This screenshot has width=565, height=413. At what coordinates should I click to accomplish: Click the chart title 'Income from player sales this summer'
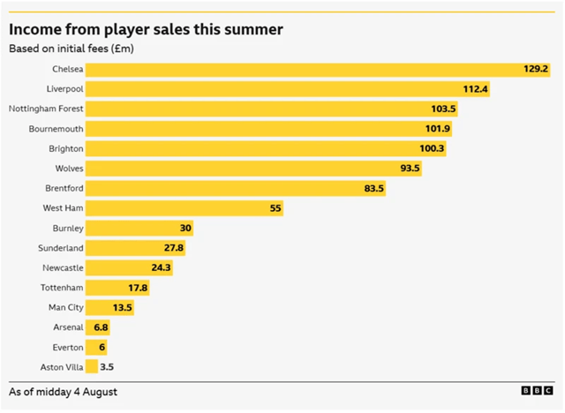pos(146,30)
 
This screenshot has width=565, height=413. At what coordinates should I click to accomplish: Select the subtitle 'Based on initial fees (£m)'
pos(72,49)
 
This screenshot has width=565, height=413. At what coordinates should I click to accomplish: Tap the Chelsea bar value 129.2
pos(536,69)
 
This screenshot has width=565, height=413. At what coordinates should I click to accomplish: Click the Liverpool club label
pos(64,89)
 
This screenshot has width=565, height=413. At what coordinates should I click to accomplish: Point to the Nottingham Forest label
pos(46,109)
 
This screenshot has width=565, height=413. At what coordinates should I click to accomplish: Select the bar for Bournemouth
pos(268,129)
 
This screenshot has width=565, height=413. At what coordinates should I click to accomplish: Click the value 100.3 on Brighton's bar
pos(432,148)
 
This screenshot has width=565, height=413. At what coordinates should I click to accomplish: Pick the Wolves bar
pos(253,169)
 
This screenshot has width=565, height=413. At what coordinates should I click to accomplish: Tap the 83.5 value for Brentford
pos(373,188)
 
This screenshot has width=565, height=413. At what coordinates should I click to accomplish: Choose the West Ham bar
pos(185,208)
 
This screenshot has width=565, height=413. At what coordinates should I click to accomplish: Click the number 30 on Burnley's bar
pos(185,228)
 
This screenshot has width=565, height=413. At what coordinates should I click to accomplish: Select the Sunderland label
pos(61,248)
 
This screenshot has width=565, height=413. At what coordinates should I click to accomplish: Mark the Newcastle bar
pos(129,267)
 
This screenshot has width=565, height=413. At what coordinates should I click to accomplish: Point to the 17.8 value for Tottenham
pos(138,288)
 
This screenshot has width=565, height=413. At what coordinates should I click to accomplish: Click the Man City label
pos(66,307)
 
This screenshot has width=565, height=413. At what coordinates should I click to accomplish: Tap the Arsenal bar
pos(98,327)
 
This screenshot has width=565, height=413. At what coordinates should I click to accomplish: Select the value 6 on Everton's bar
pos(102,347)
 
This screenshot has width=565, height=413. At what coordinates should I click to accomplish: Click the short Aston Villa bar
pos(92,366)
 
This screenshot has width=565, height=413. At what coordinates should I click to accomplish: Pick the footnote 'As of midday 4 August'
pos(63,392)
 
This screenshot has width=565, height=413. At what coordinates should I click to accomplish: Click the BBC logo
pos(538,391)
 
